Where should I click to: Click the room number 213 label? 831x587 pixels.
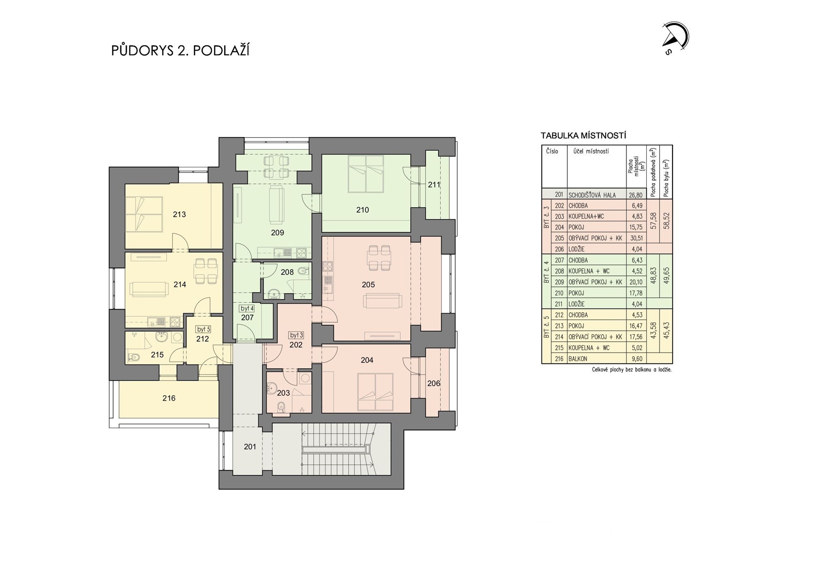[x=179, y=214]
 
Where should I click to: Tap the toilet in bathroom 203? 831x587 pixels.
[x=281, y=407]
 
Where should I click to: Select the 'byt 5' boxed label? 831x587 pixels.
[x=203, y=330]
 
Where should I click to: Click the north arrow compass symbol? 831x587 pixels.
[x=675, y=37]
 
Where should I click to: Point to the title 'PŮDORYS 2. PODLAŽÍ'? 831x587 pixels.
[x=180, y=50]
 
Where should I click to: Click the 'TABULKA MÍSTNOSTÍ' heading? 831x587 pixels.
[x=583, y=136]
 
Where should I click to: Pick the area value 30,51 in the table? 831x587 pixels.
[x=636, y=238]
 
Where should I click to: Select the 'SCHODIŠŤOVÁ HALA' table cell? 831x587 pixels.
[x=592, y=195]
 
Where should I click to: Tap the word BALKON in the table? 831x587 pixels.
[x=578, y=359]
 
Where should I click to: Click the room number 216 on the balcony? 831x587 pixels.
[x=169, y=398]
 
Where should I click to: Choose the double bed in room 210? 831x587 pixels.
[x=366, y=173]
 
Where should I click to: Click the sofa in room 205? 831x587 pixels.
[x=383, y=301]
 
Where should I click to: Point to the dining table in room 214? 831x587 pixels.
[x=206, y=271]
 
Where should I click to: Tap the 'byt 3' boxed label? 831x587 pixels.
[x=296, y=335]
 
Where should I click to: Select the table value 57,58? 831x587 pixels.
[x=653, y=221]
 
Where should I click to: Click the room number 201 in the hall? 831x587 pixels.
[x=250, y=447]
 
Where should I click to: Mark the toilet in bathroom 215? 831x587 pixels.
[x=134, y=357]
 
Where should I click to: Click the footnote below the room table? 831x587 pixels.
[x=631, y=370]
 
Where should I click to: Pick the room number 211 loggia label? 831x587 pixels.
[x=434, y=185]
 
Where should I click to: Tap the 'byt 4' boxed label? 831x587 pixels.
[x=247, y=308]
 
